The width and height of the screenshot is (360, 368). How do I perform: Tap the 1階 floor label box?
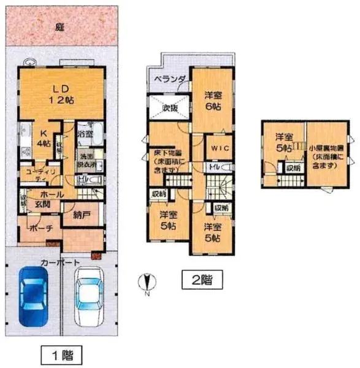coord(61,355)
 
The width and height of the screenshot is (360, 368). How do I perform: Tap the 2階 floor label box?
coord(197,280)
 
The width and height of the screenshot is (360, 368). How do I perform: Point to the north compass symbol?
coord(145,283)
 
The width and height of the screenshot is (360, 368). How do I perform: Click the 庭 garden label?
coord(59,28)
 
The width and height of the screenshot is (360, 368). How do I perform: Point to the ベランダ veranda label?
coord(167,80)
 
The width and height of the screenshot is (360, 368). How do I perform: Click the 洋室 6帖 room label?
coord(213,100)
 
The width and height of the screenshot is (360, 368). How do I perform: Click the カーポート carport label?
coord(60,262)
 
